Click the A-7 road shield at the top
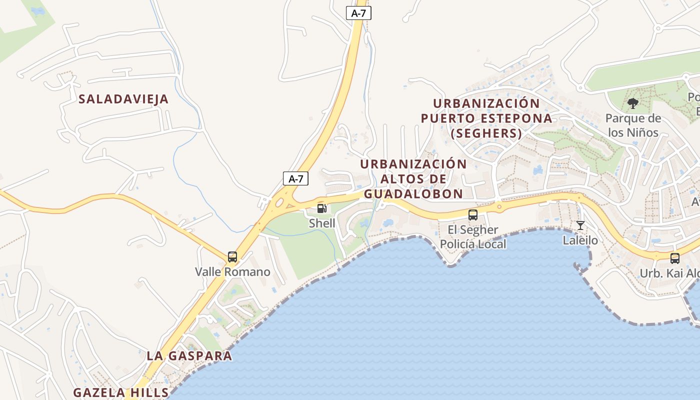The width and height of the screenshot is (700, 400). click(x=358, y=13)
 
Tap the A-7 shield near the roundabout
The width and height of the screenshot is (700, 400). click(x=295, y=178)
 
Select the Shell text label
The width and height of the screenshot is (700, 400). click(x=322, y=223)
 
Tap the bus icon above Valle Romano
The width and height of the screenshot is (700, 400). click(x=232, y=257)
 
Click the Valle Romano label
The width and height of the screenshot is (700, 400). click(x=232, y=272)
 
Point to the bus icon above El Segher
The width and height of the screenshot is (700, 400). click(x=472, y=215)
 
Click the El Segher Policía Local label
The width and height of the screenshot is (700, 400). click(x=472, y=237)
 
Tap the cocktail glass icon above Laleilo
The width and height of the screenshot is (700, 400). click(x=580, y=225)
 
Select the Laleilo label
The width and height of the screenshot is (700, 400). click(x=580, y=240)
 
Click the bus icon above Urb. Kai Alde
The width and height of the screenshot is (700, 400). click(x=674, y=258)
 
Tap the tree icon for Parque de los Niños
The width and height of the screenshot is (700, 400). click(x=632, y=104)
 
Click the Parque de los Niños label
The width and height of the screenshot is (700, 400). click(x=632, y=125)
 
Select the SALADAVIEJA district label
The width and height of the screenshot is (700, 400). click(x=123, y=99)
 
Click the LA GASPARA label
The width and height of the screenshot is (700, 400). click(x=189, y=356)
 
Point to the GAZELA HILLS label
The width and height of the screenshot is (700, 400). click(x=121, y=392)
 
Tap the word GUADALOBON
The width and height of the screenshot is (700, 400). click(x=413, y=194)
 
